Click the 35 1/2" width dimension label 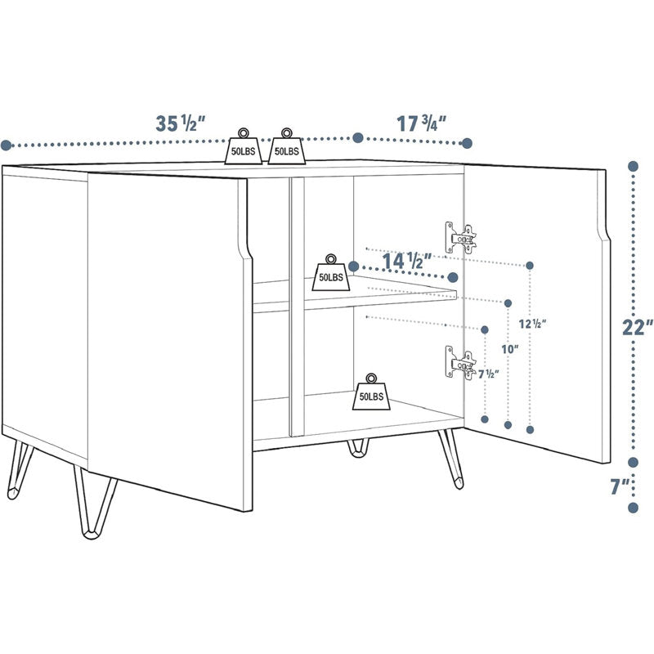pos(180,124)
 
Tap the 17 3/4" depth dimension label pos(421,124)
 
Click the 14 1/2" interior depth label pos(407,261)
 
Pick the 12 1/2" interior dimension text pos(532,322)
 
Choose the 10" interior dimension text pos(510,349)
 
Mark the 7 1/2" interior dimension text pos(488,374)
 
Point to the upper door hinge pos(460,238)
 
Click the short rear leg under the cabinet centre pos(358,448)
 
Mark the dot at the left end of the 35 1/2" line pos(6,146)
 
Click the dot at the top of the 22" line pos(632,166)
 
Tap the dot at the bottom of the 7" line pos(632,508)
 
